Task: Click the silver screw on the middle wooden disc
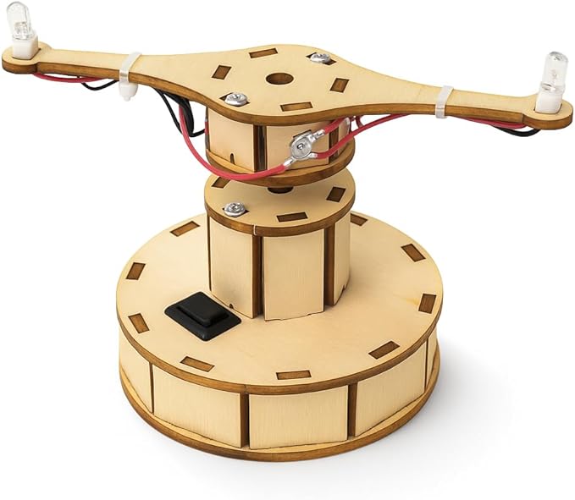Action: click(235, 208)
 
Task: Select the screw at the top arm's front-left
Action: click(236, 99)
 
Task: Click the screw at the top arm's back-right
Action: click(318, 58)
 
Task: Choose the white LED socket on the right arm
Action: click(550, 102)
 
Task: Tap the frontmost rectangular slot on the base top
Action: click(294, 373)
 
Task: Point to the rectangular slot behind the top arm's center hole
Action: click(263, 53)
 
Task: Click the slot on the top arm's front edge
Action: click(296, 107)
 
